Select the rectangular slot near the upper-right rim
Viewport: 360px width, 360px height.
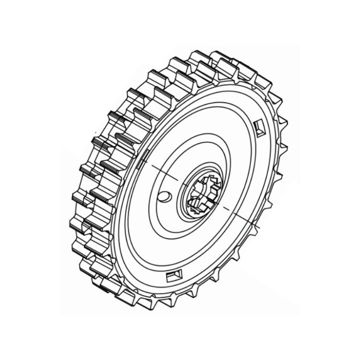tap(260, 128)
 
